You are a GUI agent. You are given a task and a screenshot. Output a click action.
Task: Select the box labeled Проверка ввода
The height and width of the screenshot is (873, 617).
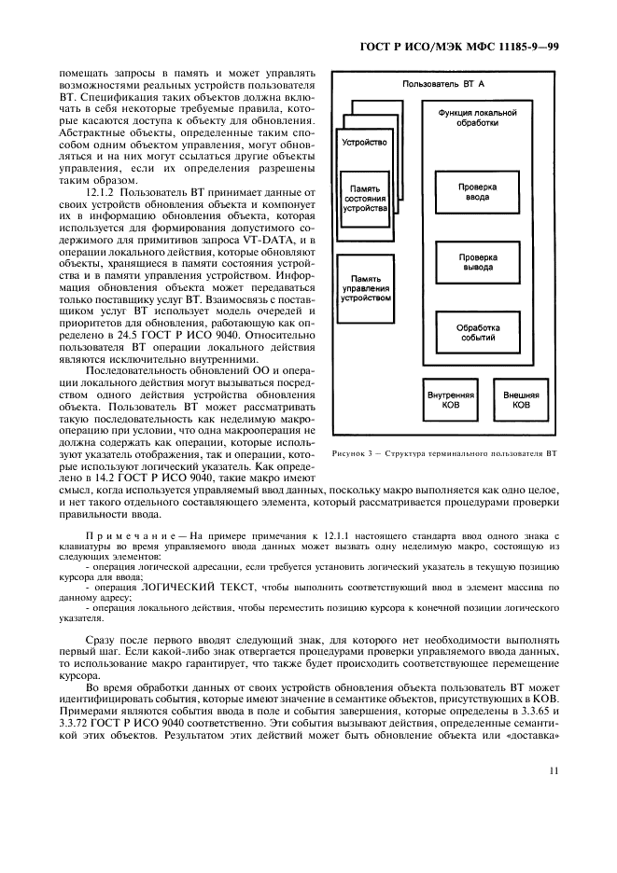477,192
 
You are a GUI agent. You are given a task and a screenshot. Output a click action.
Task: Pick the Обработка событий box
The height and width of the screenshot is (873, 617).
477,334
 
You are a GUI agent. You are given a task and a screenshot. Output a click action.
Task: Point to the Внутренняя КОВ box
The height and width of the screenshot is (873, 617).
451,400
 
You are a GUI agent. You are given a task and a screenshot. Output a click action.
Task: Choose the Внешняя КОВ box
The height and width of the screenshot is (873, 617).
521,400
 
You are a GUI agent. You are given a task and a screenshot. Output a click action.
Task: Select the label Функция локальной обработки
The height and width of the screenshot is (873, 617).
477,117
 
